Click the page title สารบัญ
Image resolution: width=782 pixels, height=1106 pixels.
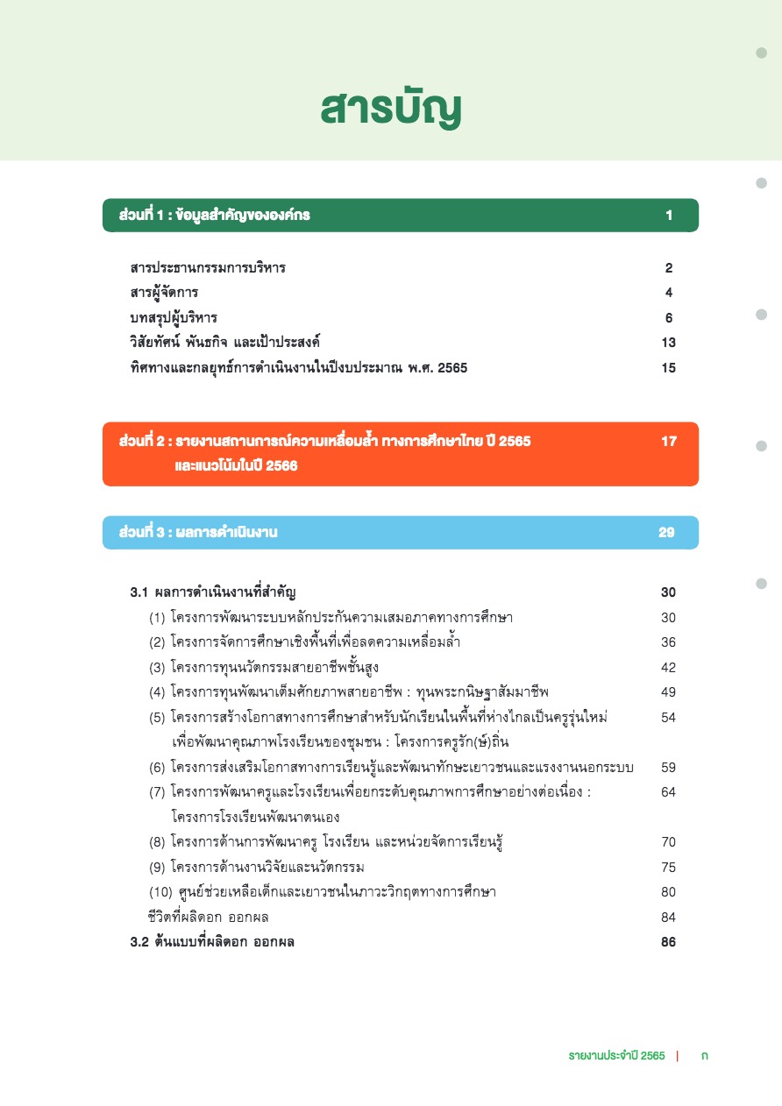[390, 109]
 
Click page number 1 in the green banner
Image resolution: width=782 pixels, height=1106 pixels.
[669, 216]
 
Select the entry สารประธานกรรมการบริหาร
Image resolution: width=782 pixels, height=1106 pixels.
[208, 268]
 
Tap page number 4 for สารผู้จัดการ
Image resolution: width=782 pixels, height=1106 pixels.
[669, 293]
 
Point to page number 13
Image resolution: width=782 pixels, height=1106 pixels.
[669, 343]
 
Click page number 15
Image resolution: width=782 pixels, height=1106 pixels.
[669, 368]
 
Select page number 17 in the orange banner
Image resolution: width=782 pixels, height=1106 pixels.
[669, 441]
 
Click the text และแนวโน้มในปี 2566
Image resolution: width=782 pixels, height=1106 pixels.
[237, 466]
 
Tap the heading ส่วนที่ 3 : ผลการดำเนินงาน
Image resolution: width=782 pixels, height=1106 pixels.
[198, 533]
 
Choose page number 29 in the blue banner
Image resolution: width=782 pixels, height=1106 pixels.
[667, 533]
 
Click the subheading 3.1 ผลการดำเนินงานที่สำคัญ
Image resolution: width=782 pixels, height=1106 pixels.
[218, 592]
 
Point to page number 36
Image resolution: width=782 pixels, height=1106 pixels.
[668, 642]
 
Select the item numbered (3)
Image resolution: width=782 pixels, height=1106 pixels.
[264, 668]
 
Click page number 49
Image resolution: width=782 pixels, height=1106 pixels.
[668, 692]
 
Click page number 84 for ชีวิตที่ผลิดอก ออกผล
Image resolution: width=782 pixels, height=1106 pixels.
[668, 918]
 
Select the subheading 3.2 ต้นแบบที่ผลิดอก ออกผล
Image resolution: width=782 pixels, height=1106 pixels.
[212, 943]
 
